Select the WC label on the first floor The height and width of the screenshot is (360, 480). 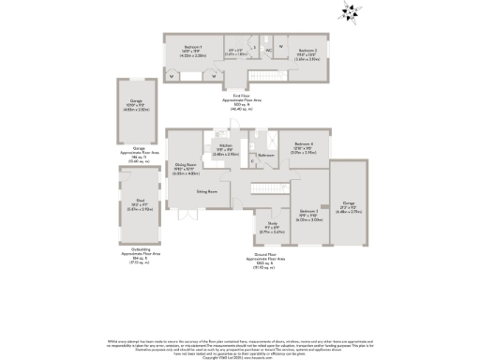(x=268, y=49)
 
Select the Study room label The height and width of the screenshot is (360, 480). (x=273, y=222)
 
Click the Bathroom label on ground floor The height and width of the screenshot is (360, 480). (x=265, y=154)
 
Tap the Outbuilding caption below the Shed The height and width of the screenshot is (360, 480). (x=141, y=253)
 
